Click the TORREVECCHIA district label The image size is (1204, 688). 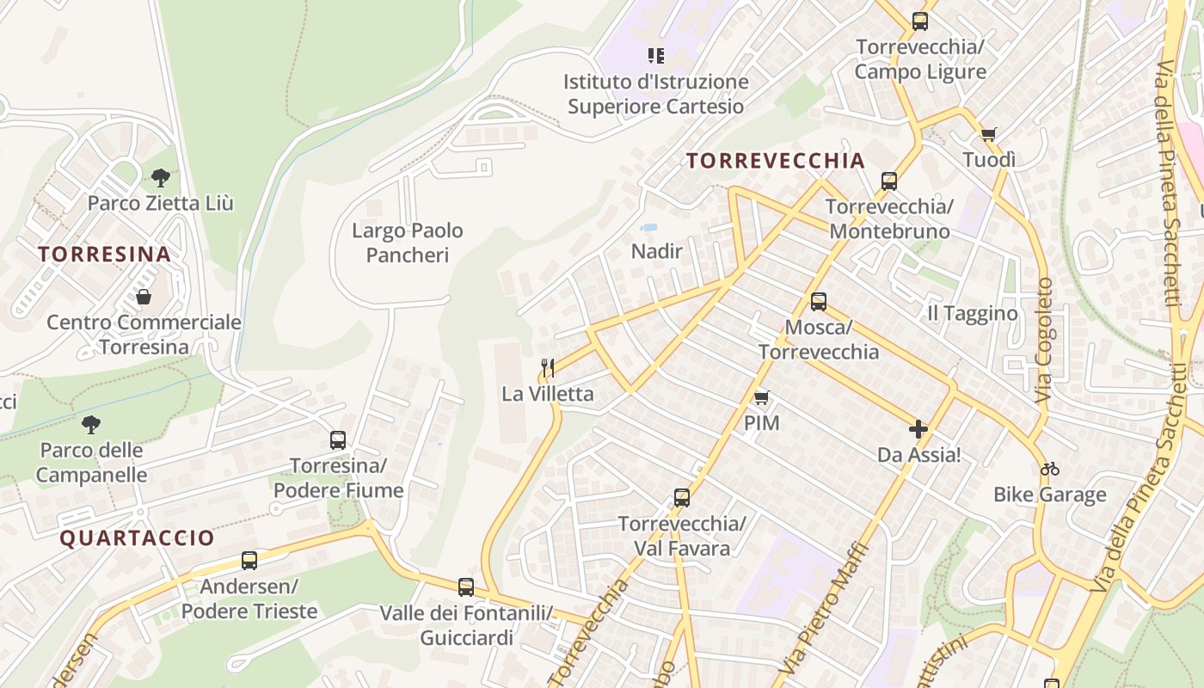(776, 161)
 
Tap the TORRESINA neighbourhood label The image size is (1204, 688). (104, 255)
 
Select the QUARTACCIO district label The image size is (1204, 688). (138, 538)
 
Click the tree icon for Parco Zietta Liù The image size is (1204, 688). (160, 179)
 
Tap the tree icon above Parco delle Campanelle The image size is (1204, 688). (90, 425)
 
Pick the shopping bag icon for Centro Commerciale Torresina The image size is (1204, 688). (144, 297)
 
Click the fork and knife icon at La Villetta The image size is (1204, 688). (548, 368)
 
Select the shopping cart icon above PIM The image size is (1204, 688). (761, 397)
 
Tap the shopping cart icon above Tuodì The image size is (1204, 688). (989, 134)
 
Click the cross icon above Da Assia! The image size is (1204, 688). (918, 428)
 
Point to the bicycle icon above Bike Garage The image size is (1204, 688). (1049, 469)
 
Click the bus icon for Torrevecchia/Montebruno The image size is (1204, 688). (889, 181)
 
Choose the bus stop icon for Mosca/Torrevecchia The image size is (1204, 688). (819, 302)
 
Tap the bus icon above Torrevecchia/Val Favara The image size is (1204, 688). (682, 498)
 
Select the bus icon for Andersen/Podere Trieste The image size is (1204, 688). (249, 561)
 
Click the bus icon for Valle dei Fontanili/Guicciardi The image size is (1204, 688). (466, 587)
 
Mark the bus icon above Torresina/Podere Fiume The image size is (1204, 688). (338, 440)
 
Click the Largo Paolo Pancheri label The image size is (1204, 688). (408, 243)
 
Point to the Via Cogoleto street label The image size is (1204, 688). (1044, 341)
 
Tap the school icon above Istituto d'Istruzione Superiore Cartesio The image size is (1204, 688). (656, 56)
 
